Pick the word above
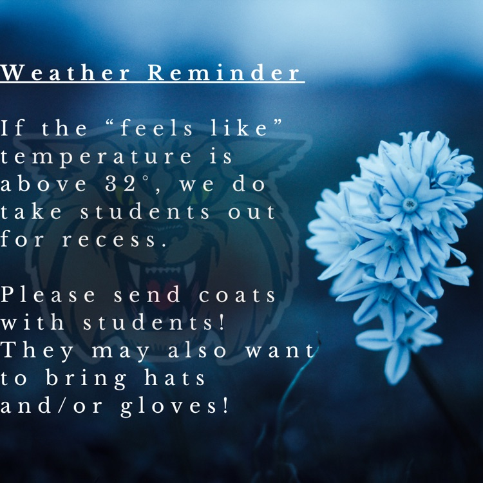(x=43, y=185)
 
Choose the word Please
(x=49, y=296)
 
